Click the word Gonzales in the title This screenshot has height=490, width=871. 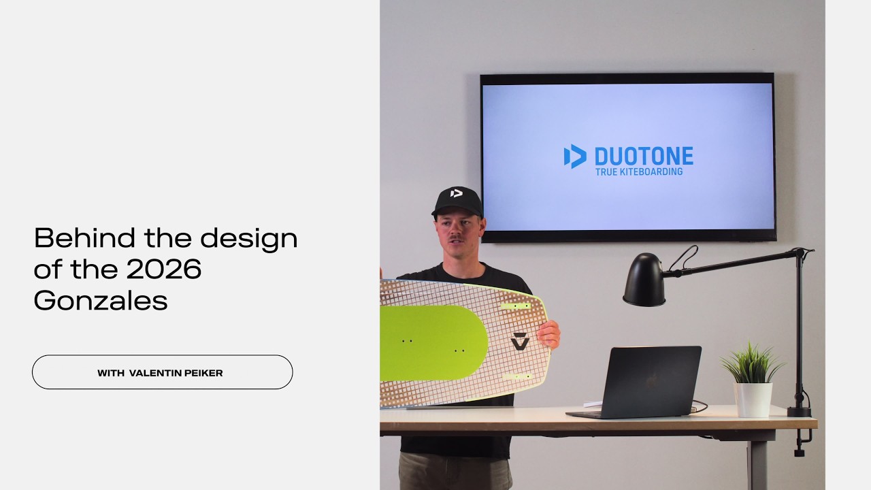(101, 300)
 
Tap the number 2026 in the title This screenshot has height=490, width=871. (164, 269)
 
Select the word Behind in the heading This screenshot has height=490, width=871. (84, 238)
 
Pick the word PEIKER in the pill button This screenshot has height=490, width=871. (201, 373)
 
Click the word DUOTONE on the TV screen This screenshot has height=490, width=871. (643, 157)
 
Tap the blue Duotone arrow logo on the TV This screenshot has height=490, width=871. (575, 157)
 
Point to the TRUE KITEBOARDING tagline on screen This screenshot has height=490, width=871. (638, 172)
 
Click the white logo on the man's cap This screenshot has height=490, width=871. (457, 193)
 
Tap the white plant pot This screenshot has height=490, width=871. (753, 399)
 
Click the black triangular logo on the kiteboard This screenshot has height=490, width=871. (520, 341)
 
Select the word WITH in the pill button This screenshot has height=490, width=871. (111, 373)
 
